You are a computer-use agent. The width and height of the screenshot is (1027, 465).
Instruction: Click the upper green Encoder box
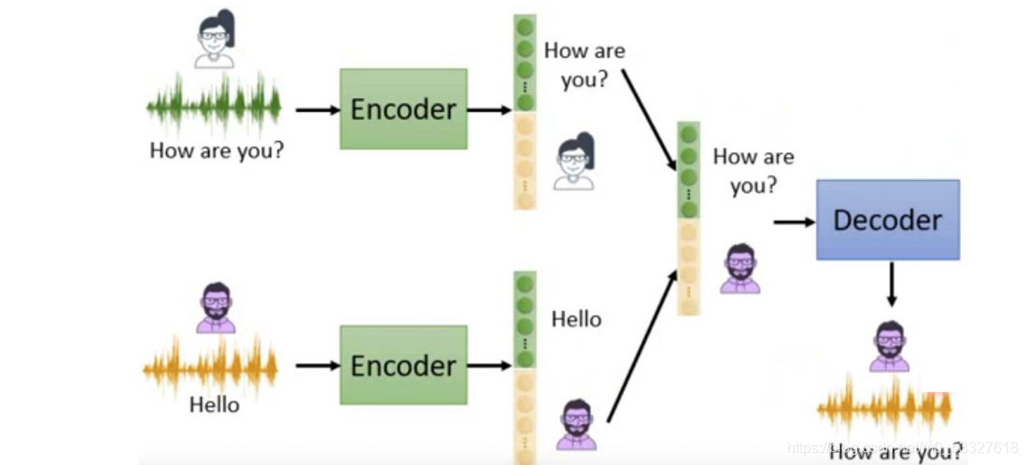pos(403,109)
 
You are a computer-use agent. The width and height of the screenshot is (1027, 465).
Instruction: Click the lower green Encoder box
pos(403,365)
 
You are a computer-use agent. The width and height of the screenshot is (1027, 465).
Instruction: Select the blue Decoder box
pos(888,220)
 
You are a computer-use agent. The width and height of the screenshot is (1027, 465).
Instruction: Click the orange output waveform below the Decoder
pos(884,408)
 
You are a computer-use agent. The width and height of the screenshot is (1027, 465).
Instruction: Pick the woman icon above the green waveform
pos(214,39)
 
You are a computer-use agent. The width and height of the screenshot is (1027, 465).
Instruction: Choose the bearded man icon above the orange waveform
pos(216,307)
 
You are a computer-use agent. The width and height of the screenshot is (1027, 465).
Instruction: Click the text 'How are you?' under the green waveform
pos(217,150)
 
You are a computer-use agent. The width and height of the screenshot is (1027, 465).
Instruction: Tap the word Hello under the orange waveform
pos(214,405)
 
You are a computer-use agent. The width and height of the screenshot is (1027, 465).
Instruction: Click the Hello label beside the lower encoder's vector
pos(576,319)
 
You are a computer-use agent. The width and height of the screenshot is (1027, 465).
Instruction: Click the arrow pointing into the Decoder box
pos(793,221)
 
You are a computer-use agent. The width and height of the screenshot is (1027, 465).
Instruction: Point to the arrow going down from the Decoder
pos(891,284)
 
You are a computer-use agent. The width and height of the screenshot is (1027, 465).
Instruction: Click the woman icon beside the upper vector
pos(573,162)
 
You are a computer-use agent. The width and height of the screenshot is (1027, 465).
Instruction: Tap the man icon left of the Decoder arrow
pos(740,268)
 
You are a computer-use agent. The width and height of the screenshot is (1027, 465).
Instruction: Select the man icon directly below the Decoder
pos(888,346)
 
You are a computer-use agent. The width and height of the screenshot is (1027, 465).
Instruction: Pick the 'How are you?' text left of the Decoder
pos(753,171)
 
